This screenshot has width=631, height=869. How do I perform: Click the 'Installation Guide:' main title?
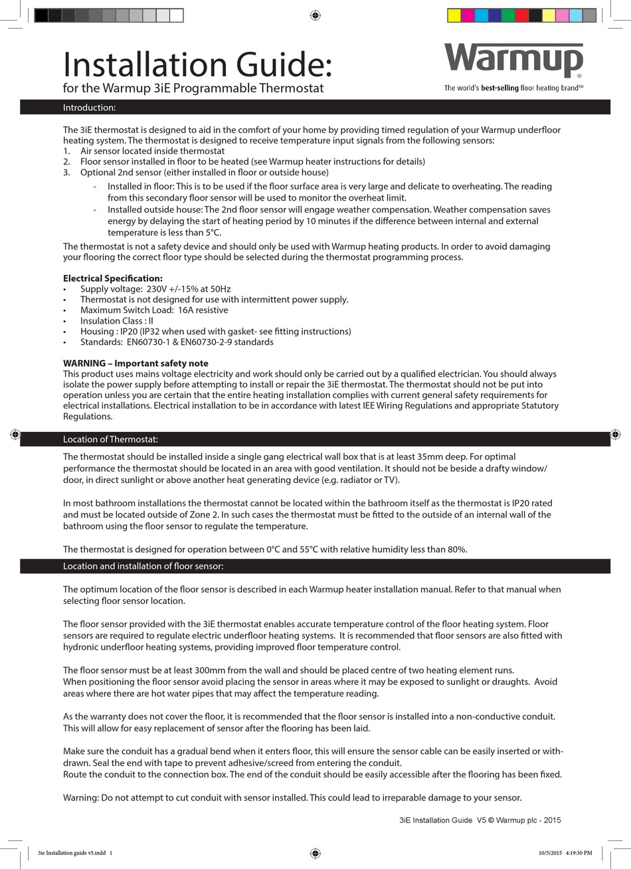point(197,64)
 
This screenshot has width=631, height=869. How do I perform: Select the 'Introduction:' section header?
point(89,107)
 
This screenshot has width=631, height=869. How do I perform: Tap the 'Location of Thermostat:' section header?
point(110,439)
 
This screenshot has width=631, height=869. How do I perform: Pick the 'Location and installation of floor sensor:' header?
point(143,566)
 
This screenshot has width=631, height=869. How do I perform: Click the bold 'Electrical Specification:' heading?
point(113,278)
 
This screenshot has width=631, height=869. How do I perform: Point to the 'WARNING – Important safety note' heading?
point(135,363)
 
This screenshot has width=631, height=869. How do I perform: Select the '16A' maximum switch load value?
point(188,310)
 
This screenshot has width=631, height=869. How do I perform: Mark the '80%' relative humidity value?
point(456,549)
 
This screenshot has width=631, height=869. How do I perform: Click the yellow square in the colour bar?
point(454,15)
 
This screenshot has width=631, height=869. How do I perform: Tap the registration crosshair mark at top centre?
point(315,15)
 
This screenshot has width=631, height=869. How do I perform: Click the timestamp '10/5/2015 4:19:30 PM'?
point(565,853)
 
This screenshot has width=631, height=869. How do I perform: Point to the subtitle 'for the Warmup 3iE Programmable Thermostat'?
point(193,88)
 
